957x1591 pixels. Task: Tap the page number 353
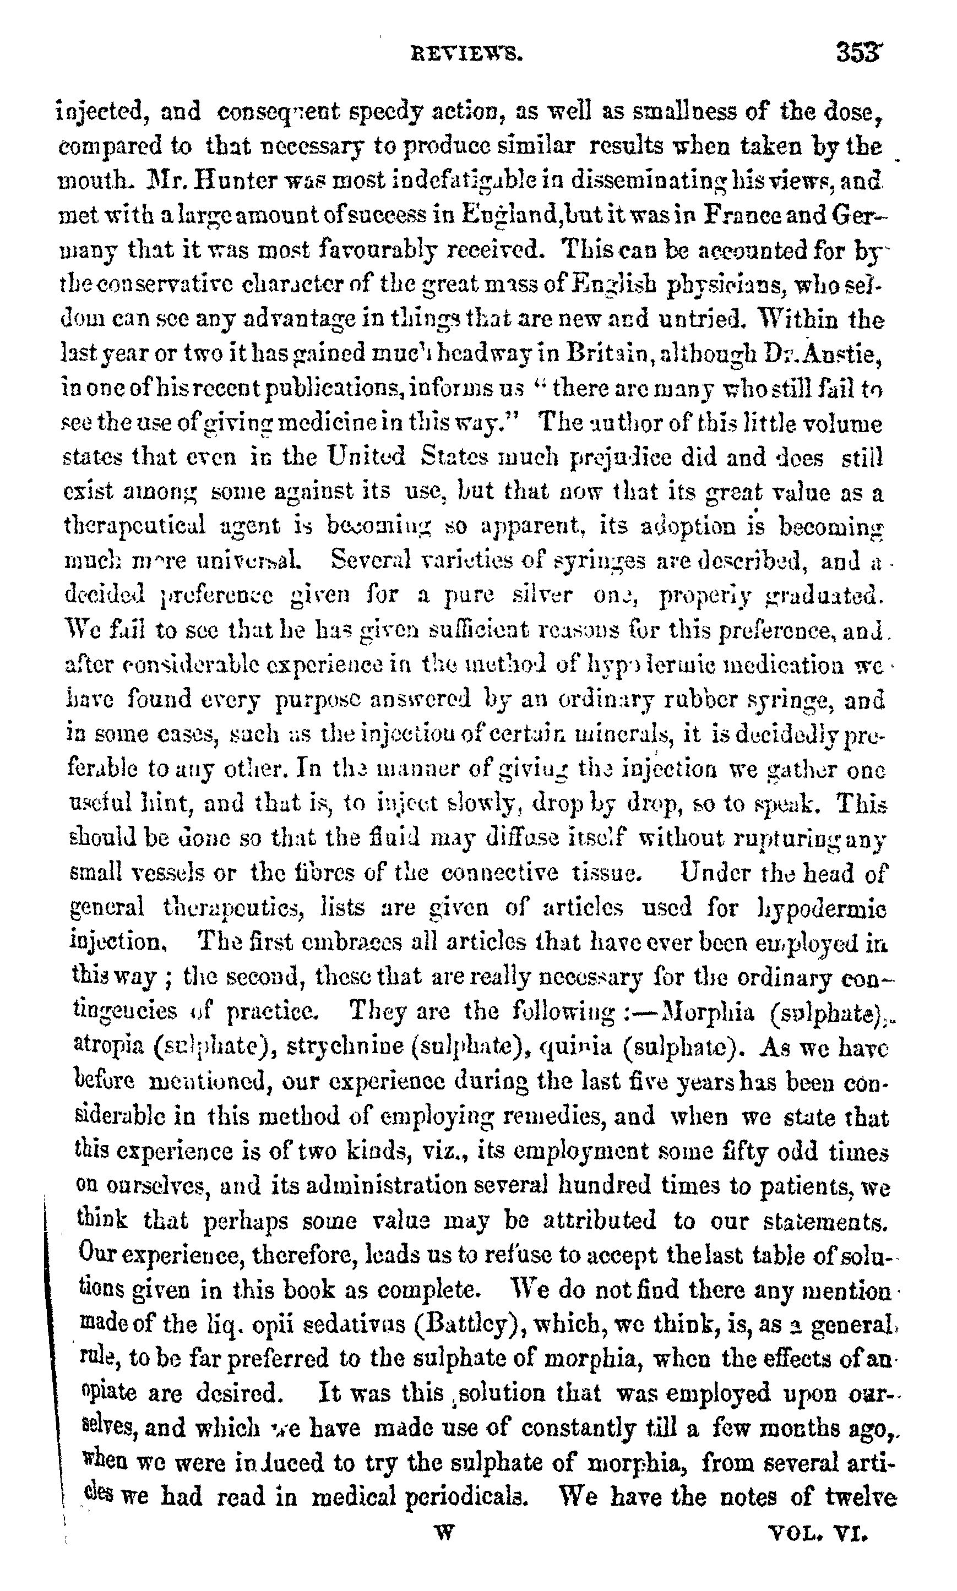click(x=858, y=52)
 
